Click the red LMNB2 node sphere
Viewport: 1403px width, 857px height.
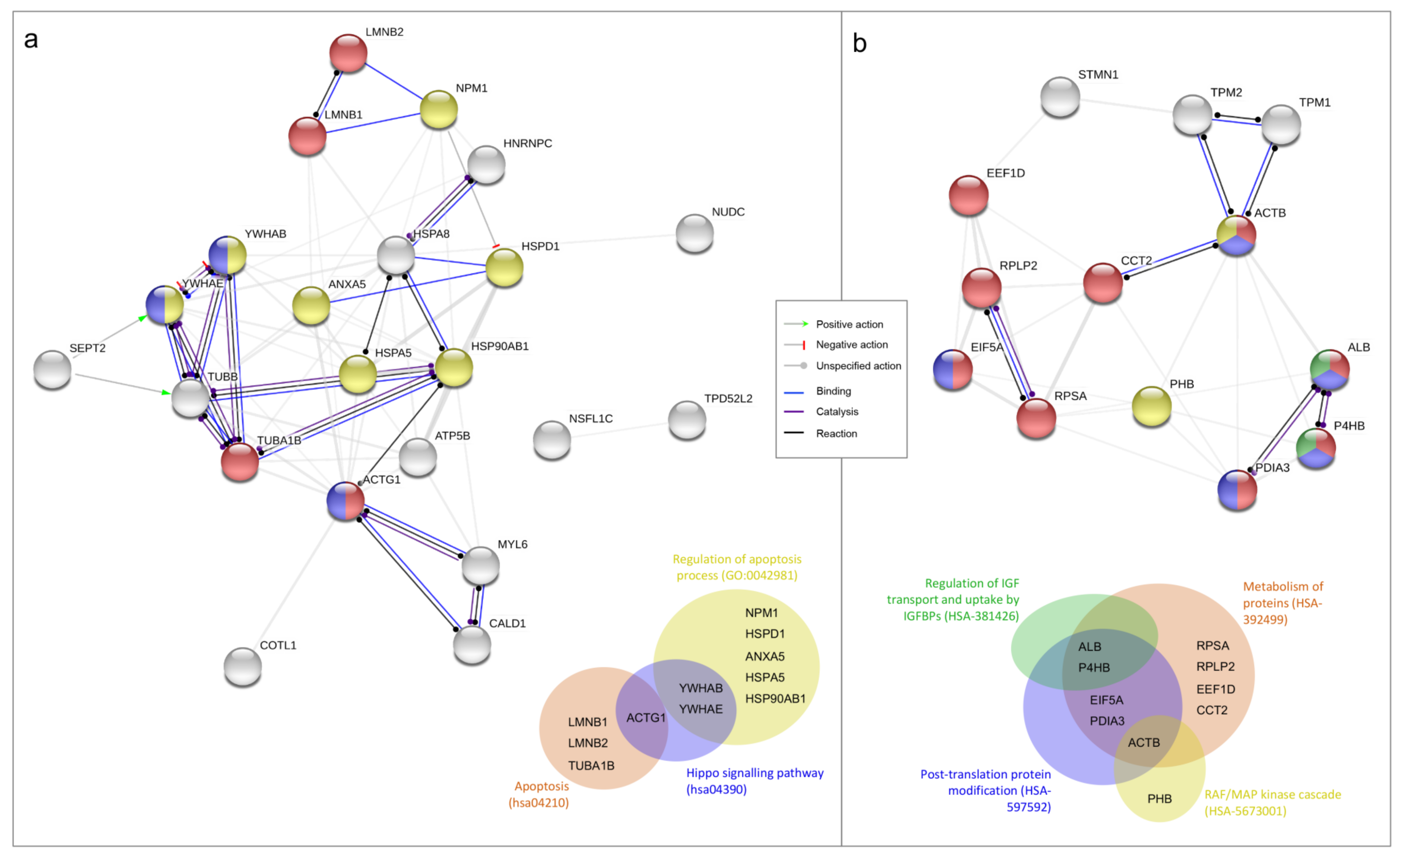click(348, 53)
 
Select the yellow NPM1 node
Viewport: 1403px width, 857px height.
click(439, 109)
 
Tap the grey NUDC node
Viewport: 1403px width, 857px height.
click(695, 233)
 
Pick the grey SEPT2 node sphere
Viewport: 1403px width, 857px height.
click(52, 369)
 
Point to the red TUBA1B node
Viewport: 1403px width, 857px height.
click(240, 462)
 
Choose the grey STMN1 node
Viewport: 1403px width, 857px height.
click(1060, 97)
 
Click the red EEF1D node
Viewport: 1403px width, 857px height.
click(969, 195)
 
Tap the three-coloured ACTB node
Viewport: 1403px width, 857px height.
click(1236, 235)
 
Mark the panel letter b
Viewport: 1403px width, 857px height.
click(859, 43)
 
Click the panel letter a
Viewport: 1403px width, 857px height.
click(31, 40)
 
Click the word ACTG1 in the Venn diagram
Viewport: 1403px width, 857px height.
click(646, 717)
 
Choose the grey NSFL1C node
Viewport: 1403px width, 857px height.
click(552, 440)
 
